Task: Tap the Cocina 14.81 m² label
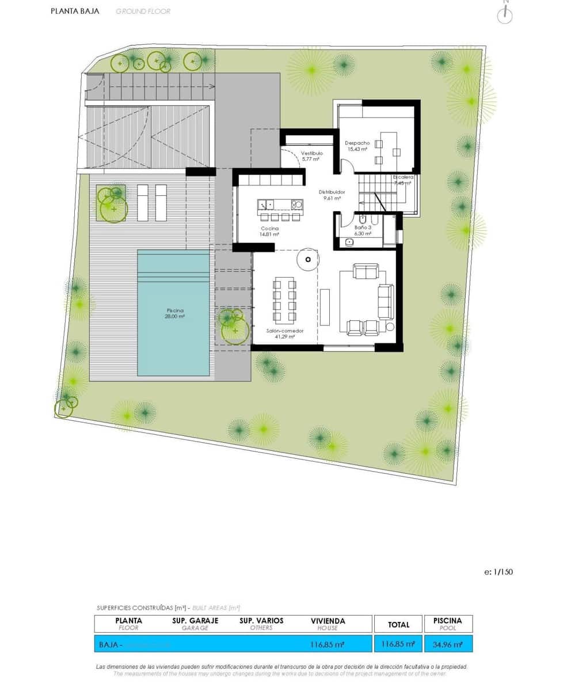(x=269, y=231)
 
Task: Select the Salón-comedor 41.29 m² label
(x=284, y=334)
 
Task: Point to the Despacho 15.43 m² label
(x=357, y=146)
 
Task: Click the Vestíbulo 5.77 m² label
(x=311, y=157)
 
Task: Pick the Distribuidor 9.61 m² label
(x=332, y=195)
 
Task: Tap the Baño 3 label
(x=362, y=231)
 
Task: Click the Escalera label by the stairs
(x=403, y=180)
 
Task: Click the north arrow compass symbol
(x=505, y=14)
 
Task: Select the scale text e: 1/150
(x=498, y=572)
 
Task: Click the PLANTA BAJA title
(x=75, y=11)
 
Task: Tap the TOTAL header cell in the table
(x=398, y=624)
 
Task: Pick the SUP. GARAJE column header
(x=195, y=624)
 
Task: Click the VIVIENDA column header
(x=328, y=624)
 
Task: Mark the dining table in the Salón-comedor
(x=284, y=299)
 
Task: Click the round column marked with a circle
(x=308, y=259)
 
